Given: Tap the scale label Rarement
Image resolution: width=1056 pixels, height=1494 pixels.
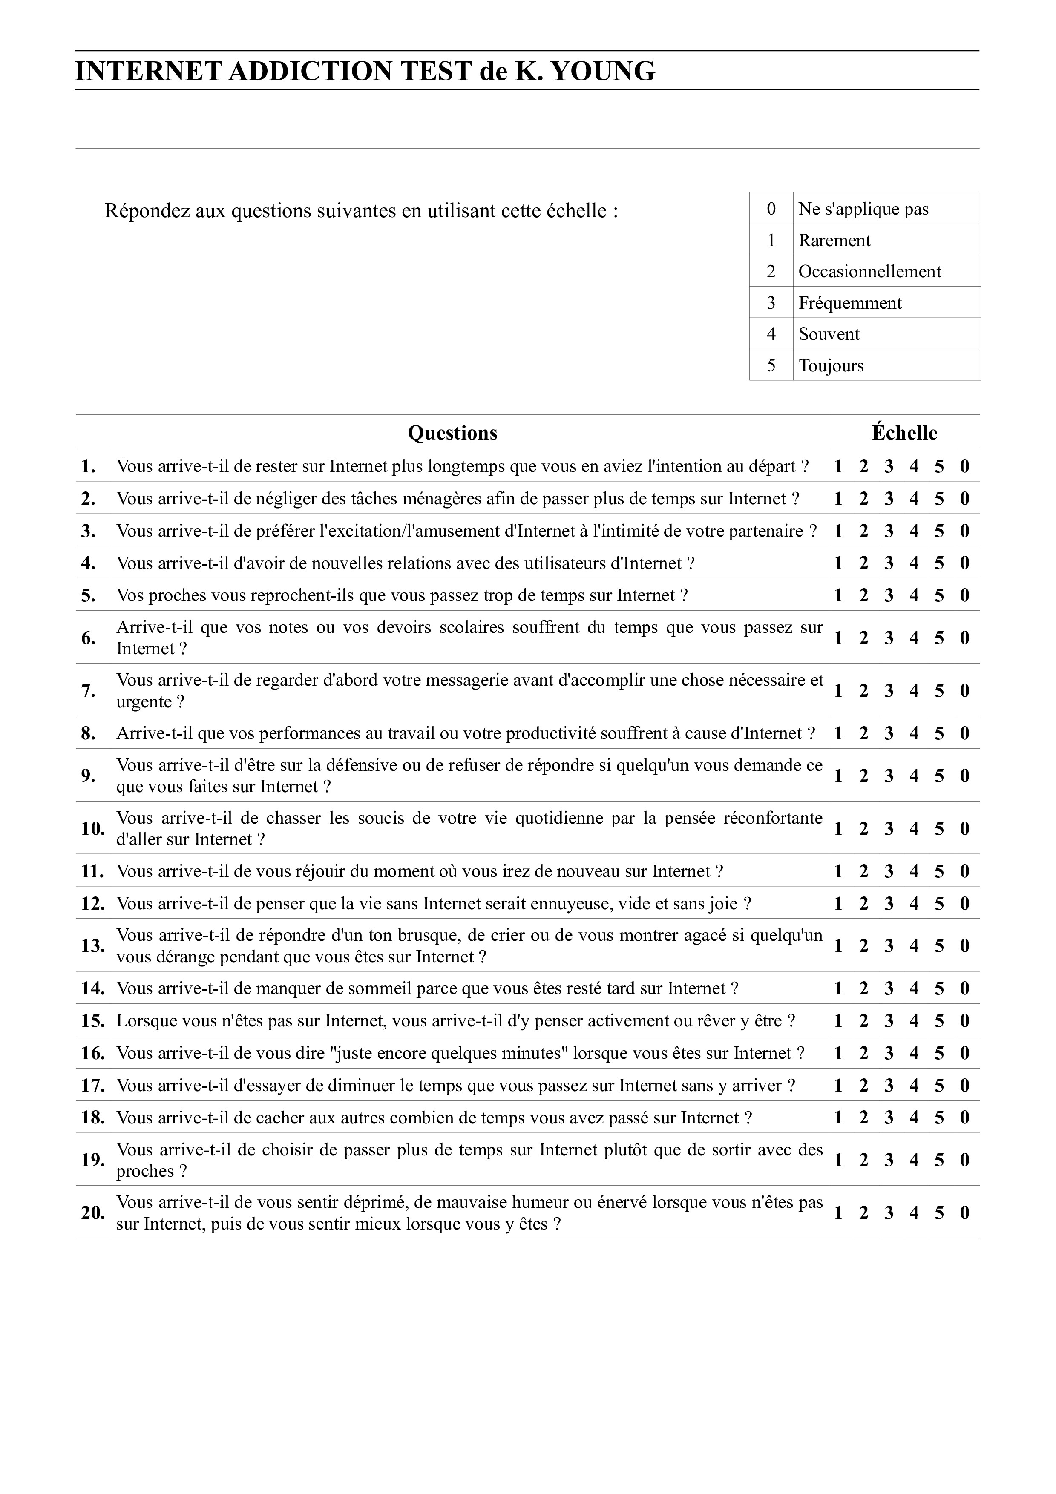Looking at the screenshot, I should click(834, 240).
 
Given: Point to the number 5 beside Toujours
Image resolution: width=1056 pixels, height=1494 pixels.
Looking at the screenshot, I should click(771, 366).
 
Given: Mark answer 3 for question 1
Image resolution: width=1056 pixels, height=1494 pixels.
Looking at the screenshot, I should click(889, 466).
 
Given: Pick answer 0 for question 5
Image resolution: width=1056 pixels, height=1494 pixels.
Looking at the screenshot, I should click(964, 595).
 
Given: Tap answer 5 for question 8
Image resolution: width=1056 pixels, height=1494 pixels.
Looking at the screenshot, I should click(939, 733).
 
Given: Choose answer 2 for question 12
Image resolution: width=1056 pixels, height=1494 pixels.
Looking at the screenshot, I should click(863, 904).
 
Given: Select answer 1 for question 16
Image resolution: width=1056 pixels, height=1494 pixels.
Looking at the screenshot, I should click(838, 1054).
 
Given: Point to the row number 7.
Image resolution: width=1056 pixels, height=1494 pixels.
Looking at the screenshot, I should click(89, 691).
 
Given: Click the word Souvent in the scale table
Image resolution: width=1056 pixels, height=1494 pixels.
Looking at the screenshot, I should click(829, 334).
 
